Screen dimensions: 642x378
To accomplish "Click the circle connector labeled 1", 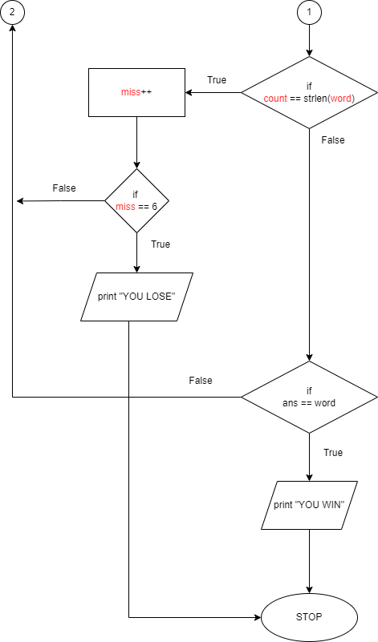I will (309, 12).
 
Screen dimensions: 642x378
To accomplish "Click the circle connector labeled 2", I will (12, 12).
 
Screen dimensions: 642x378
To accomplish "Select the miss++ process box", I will (136, 92).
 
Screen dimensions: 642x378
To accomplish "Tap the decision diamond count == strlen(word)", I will (309, 92).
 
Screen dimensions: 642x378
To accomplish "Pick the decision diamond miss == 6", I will (137, 200).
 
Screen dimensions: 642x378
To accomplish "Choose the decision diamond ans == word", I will (309, 397).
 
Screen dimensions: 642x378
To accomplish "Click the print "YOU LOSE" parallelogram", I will (137, 297).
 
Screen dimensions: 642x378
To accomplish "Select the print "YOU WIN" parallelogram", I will (309, 505).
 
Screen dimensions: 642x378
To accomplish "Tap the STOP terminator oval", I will (309, 618).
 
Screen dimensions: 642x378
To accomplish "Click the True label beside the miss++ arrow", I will (217, 80).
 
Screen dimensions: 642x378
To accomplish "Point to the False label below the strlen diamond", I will (332, 140).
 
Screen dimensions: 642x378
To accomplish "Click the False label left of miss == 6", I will (64, 188).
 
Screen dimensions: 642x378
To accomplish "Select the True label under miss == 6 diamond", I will (161, 244).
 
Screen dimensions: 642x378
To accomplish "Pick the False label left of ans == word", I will (201, 381).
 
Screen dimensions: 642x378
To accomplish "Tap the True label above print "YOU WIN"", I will (333, 453).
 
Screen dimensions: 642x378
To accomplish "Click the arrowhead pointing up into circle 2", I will (12, 29).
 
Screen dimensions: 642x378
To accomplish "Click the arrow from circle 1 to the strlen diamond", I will (309, 40).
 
